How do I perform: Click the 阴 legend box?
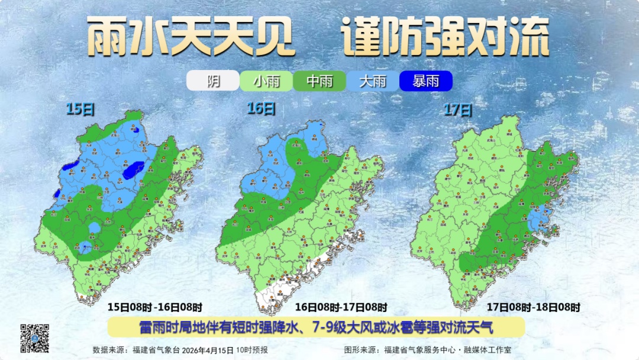(x=213, y=81)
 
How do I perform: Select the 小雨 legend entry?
(x=266, y=81)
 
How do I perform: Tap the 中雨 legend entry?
(x=319, y=81)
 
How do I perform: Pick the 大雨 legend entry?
(x=373, y=81)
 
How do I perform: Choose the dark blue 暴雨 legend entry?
(x=426, y=81)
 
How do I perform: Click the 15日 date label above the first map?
(x=80, y=109)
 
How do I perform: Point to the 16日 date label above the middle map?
(x=261, y=108)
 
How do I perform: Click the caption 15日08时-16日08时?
(x=154, y=307)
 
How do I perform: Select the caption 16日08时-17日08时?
(x=341, y=307)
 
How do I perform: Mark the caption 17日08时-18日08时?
(x=533, y=307)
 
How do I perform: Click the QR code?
(x=35, y=337)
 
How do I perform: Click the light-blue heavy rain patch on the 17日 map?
(x=540, y=220)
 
